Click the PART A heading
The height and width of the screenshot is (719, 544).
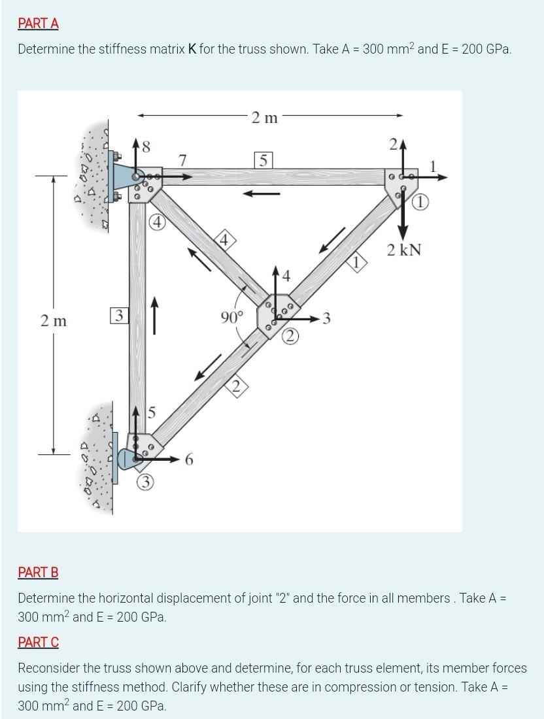38,24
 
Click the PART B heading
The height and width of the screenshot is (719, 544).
38,573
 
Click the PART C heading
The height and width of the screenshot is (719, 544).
38,643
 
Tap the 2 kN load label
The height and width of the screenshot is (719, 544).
403,250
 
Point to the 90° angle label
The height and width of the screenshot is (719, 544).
231,318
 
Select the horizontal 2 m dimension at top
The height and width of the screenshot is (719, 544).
264,118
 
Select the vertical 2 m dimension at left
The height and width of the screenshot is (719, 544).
53,321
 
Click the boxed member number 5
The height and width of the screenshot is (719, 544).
262,159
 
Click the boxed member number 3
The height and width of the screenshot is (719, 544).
118,316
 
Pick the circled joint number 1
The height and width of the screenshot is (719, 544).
422,203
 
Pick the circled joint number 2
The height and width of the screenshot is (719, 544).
291,336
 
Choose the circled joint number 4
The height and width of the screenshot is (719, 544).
156,220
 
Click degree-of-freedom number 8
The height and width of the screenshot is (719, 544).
146,148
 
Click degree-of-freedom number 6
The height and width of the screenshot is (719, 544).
189,460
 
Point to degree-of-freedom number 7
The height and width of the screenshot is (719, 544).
183,160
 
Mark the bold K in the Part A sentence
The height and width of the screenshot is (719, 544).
193,49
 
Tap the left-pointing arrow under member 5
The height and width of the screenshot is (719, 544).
263,193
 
